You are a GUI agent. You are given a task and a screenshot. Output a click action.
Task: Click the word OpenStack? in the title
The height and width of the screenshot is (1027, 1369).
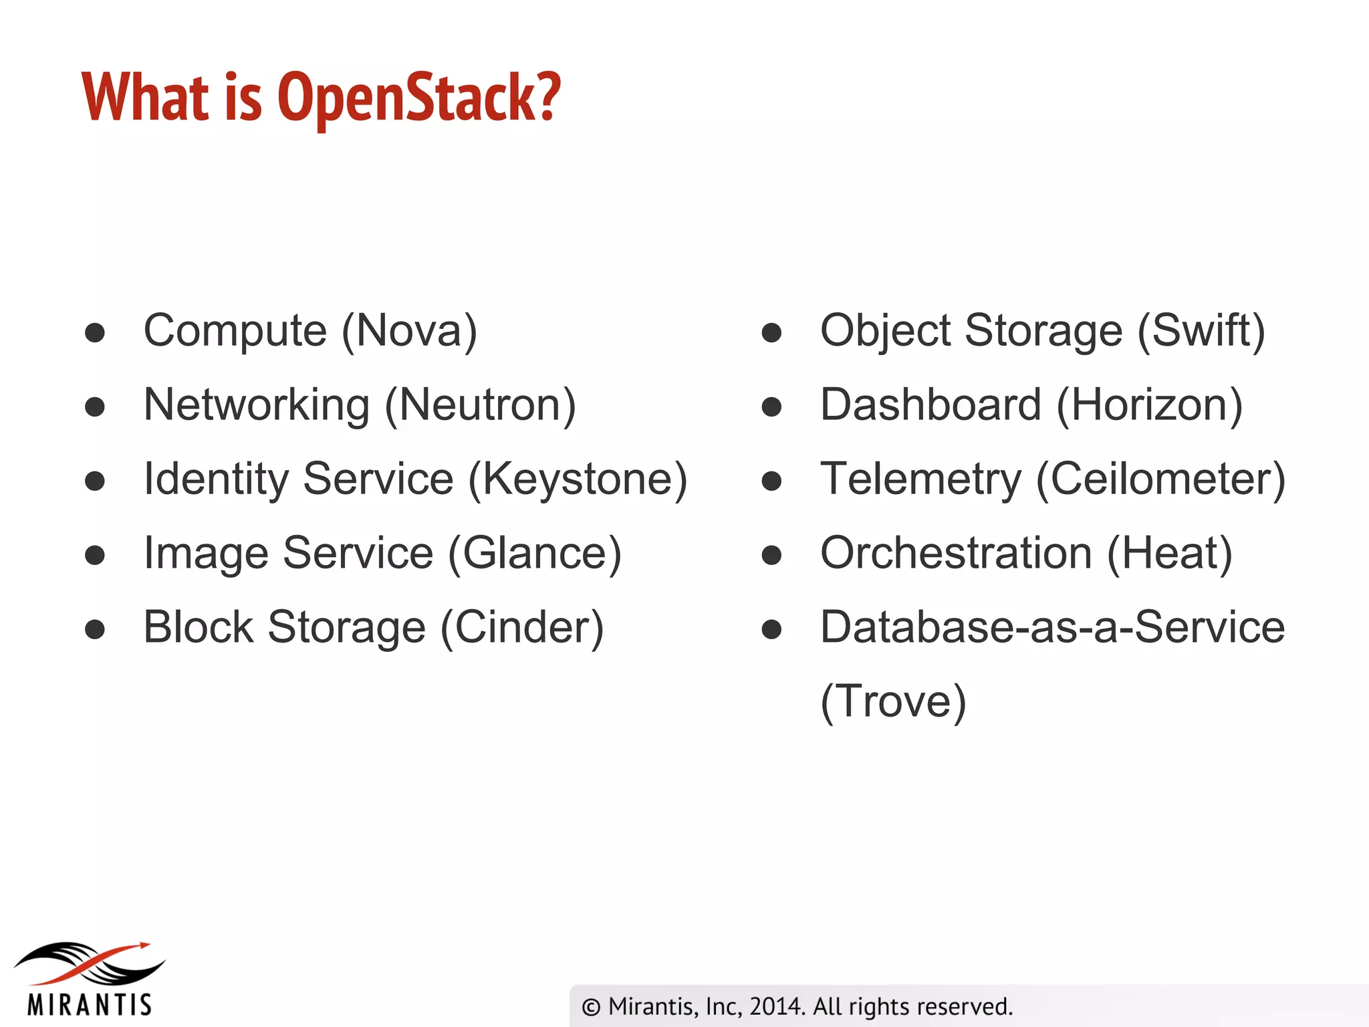418,98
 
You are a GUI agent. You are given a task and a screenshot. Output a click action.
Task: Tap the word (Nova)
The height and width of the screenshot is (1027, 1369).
409,330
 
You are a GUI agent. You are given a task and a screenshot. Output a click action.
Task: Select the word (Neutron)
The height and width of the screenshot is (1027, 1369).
480,405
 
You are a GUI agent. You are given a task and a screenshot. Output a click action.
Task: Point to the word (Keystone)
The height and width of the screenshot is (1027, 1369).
578,479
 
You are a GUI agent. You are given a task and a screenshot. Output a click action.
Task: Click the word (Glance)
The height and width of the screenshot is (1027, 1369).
535,554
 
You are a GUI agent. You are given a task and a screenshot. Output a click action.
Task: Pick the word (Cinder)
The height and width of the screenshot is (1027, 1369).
522,628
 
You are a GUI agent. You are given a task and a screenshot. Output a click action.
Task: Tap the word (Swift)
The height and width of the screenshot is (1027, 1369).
1201,330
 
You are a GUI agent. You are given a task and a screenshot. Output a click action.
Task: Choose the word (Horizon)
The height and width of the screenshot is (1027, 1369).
1150,405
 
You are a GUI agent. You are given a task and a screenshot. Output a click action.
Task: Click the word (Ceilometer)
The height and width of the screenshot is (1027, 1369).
1160,479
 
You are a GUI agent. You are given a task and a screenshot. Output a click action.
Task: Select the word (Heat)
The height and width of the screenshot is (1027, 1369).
1170,554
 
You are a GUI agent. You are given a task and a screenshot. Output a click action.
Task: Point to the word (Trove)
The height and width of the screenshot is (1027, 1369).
893,702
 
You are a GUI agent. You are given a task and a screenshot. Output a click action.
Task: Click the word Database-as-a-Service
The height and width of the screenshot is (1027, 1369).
1052,628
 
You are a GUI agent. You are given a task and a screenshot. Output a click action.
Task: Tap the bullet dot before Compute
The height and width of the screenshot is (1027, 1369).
95,333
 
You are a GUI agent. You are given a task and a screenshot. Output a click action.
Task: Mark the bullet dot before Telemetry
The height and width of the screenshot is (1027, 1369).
771,481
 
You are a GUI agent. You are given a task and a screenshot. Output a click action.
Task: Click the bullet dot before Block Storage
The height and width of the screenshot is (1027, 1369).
95,630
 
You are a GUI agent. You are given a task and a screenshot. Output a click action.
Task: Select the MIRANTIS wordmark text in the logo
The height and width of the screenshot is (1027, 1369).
90,1005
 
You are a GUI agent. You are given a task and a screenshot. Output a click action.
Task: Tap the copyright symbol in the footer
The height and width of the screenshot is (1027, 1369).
591,1007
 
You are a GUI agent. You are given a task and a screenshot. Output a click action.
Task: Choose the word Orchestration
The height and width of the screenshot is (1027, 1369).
956,554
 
